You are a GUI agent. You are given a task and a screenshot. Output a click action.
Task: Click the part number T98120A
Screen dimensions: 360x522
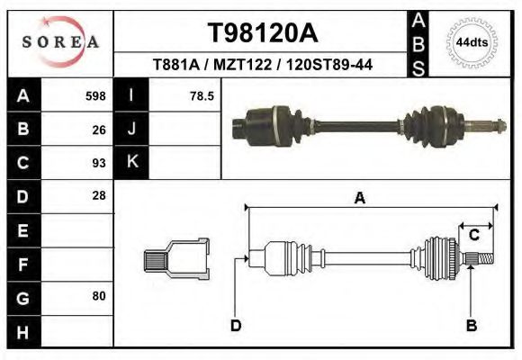[x=262, y=33]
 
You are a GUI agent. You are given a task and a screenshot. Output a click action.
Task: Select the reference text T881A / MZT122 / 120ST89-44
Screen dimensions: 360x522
[x=262, y=65]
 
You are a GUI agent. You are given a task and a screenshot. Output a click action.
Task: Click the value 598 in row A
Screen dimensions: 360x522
[x=94, y=95]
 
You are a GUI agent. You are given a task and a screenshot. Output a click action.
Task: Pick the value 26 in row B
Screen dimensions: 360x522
[x=98, y=129]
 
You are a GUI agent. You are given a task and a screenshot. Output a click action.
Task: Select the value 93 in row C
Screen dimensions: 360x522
[x=98, y=163]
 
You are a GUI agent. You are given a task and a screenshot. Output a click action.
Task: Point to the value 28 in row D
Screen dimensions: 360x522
[x=98, y=195]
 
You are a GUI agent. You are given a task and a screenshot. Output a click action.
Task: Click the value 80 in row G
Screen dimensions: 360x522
[x=98, y=296]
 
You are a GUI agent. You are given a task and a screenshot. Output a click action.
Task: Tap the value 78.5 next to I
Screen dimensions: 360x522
[x=201, y=95]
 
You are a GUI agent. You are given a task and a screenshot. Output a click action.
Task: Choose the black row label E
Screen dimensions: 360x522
[x=22, y=230]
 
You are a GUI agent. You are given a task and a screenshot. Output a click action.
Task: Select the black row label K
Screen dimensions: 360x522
[x=131, y=163]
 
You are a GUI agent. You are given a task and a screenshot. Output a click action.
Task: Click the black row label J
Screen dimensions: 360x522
[x=131, y=129]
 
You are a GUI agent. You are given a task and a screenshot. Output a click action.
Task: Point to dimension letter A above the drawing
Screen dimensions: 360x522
[x=359, y=199]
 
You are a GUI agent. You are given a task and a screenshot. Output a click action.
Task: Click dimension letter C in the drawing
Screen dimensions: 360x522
[x=473, y=236]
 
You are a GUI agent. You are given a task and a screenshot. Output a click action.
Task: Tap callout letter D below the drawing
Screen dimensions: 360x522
[x=235, y=325]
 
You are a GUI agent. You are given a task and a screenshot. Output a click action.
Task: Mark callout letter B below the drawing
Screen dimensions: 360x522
[x=471, y=325]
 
